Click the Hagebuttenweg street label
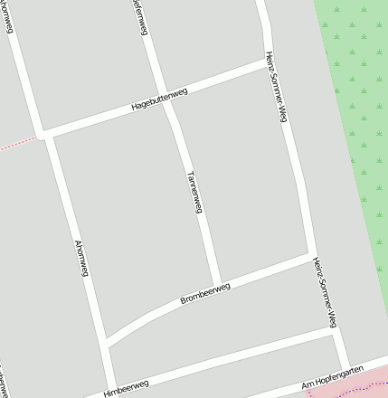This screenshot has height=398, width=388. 159,99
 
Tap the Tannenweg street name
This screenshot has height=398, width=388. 193,192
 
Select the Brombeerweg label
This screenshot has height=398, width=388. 205,293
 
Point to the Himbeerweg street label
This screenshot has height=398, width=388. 126,388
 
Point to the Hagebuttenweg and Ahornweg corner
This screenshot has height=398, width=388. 46,134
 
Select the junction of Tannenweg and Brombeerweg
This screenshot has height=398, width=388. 218,284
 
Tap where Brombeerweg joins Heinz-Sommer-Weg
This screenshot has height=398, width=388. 311,254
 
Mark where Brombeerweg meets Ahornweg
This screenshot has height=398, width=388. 107,343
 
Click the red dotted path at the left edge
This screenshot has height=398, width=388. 18,142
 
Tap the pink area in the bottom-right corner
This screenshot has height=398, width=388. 362,387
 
